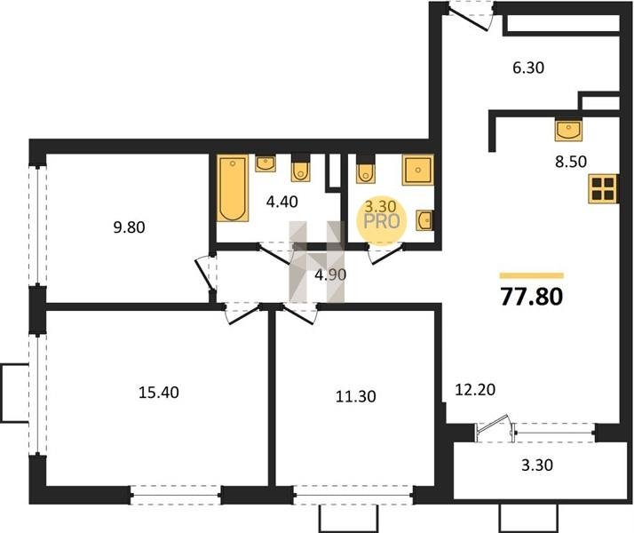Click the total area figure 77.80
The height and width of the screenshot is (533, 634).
coord(531,297)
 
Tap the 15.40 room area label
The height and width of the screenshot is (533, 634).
coord(158,393)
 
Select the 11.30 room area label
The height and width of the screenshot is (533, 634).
coord(356,396)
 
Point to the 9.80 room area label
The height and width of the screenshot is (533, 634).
coord(129,227)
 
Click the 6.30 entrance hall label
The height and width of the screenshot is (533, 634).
coord(528,68)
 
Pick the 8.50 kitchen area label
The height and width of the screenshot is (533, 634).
coord(571,162)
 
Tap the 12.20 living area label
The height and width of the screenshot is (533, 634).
coord(475,390)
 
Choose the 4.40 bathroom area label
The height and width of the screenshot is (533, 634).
coord(281,201)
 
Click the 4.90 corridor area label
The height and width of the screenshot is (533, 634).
coord(330,275)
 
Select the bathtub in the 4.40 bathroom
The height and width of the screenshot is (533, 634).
coord(233,188)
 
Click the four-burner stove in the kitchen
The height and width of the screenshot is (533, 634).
coord(602,188)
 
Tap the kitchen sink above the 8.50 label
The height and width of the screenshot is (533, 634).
coord(568,131)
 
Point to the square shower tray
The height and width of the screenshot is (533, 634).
coord(417,170)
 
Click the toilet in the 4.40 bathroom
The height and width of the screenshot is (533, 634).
coord(300,168)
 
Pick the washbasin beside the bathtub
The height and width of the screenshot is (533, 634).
coord(265,163)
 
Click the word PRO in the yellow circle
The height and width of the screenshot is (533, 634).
coord(382,221)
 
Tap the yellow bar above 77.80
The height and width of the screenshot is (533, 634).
coord(531,275)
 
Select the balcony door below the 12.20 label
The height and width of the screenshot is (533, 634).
coord(494,429)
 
